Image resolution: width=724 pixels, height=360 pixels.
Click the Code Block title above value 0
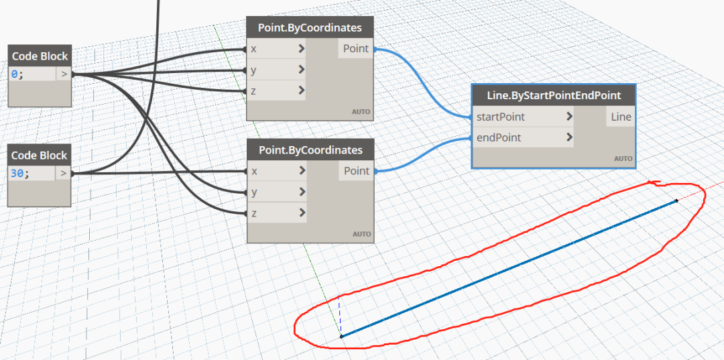(40, 56)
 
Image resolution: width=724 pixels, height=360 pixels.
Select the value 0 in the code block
(15, 74)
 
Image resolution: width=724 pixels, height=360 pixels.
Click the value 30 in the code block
(18, 174)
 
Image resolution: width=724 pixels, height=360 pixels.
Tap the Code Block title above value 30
(40, 156)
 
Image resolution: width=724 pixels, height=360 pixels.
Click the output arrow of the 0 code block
(64, 74)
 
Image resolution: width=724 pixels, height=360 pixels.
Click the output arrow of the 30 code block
(64, 174)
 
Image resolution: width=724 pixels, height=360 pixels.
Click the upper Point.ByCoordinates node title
(310, 27)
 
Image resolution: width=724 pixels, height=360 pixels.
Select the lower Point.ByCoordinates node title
(310, 150)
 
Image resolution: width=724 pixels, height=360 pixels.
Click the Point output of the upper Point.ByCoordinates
(355, 48)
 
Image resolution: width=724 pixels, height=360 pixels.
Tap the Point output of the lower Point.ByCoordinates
(357, 171)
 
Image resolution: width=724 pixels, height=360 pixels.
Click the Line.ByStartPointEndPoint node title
(554, 96)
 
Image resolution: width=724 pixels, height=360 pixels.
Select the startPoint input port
(523, 117)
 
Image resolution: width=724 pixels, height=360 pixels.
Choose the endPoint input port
(523, 137)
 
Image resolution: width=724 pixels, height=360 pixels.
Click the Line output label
(621, 117)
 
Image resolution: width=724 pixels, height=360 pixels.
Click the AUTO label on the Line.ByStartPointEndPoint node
(623, 159)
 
